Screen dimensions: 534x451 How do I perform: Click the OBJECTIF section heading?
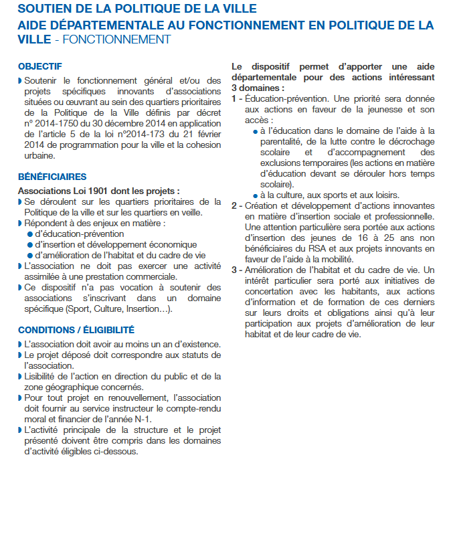40,66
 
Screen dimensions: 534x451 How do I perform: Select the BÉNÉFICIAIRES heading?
52,177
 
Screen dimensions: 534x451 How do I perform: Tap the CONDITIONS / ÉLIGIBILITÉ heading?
76,330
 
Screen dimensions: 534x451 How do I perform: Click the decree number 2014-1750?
52,124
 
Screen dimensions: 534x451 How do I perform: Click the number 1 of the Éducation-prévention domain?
234,98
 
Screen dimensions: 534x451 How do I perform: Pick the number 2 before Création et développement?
234,205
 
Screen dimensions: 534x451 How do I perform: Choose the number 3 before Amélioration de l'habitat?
234,270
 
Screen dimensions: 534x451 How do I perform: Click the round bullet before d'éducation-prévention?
30,234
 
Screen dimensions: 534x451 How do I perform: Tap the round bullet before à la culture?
256,195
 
